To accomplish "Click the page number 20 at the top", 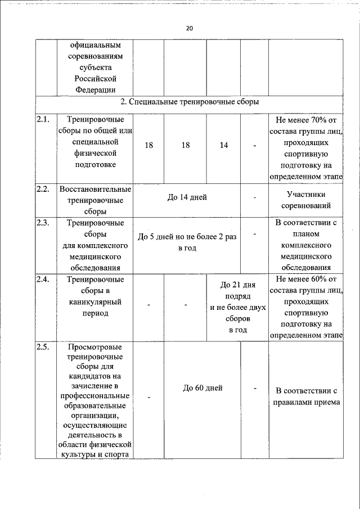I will [189, 28].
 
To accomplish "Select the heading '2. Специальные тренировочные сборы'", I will [190, 102].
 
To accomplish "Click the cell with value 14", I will [224, 145].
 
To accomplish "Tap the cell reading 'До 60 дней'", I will [202, 388].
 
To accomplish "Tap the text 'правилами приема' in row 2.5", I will [305, 402].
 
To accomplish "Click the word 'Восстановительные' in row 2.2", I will [95, 188].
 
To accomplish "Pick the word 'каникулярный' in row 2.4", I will [95, 302].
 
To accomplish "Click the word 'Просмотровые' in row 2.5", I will [95, 347].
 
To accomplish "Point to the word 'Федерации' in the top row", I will [95, 89].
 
